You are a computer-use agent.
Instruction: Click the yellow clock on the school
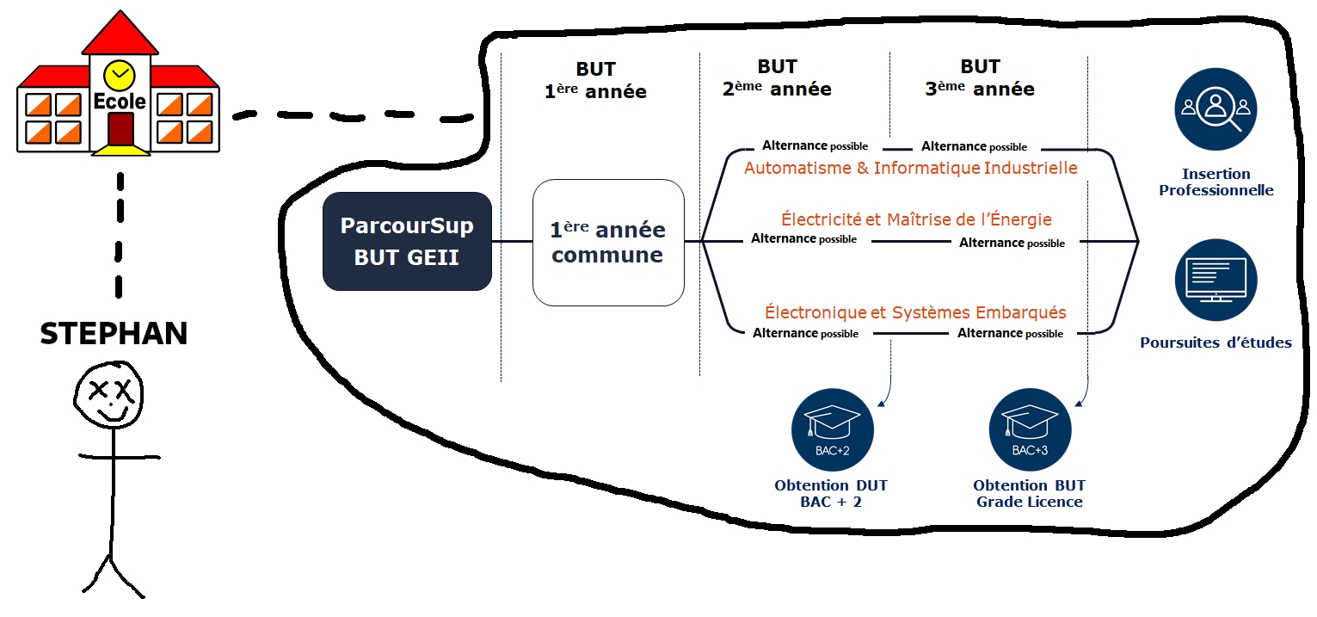120,75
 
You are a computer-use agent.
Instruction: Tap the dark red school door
120,129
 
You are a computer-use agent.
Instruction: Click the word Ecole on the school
120,102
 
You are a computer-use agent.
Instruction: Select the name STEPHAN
114,334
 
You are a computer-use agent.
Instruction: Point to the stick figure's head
108,395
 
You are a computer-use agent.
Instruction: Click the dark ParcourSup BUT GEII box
407,241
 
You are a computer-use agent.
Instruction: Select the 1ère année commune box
608,243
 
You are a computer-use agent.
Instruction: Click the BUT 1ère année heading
595,80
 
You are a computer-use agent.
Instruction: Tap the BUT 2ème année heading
777,77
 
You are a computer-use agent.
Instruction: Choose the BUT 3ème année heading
980,77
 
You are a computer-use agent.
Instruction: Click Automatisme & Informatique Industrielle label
911,168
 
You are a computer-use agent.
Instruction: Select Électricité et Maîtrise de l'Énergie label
916,219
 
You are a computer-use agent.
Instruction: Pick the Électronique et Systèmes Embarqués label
915,312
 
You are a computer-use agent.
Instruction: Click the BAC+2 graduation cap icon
833,429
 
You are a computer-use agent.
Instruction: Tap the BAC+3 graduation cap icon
1030,429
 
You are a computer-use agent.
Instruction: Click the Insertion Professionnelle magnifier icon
1215,109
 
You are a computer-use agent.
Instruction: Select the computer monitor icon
1215,280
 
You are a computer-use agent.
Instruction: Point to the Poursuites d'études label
1215,342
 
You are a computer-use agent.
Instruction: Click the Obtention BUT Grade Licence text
1030,493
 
